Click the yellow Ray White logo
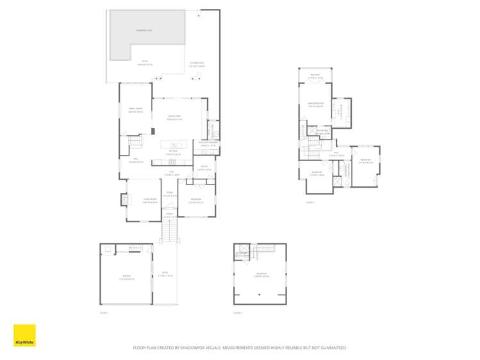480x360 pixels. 24,335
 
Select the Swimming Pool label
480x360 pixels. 144,30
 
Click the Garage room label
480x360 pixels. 126,277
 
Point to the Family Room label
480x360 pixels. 135,110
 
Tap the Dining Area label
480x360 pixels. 174,117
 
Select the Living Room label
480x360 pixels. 150,200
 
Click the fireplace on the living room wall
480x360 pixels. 124,200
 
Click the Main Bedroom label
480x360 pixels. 315,104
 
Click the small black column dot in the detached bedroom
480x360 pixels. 260,295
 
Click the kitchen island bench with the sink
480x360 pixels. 174,145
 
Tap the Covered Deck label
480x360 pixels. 197,65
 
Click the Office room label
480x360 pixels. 203,168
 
